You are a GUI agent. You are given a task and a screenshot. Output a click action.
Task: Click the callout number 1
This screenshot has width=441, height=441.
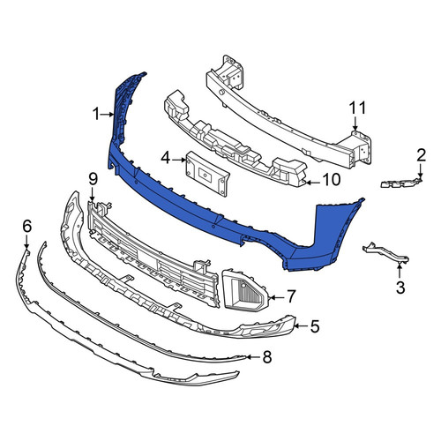click(96, 114)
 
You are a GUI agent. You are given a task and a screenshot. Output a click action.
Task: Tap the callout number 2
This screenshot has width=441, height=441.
click(421, 155)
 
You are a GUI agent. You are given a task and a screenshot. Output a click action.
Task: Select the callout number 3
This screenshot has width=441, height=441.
click(400, 288)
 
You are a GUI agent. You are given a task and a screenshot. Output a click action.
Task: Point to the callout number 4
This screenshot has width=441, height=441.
click(166, 159)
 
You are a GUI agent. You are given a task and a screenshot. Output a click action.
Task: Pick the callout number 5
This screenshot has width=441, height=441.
click(315, 326)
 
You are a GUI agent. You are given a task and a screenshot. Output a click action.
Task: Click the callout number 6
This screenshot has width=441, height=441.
click(26, 227)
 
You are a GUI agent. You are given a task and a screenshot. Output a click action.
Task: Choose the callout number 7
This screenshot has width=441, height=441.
click(291, 296)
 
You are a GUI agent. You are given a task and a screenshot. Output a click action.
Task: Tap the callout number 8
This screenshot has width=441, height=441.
click(267, 357)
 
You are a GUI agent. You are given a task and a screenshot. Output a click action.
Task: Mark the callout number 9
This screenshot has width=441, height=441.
click(93, 179)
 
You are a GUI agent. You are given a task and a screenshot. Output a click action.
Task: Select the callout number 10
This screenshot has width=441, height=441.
click(332, 180)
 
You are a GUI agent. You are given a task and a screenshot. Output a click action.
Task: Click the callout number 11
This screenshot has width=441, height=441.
click(357, 108)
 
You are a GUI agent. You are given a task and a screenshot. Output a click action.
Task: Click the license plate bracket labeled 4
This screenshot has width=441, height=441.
click(206, 174)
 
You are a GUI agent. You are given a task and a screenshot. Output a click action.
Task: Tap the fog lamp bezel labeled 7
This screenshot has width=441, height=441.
click(246, 290)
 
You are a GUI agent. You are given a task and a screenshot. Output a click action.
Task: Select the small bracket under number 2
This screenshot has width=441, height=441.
click(401, 183)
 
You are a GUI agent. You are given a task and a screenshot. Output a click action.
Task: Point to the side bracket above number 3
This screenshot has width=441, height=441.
click(385, 253)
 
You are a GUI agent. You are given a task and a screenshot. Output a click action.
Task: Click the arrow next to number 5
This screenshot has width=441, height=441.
click(301, 325)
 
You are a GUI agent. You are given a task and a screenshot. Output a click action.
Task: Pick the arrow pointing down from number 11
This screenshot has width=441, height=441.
click(355, 123)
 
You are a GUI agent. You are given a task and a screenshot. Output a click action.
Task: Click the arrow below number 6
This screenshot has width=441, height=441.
click(26, 243)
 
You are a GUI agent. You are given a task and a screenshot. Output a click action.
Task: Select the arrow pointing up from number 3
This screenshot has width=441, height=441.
click(400, 271)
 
